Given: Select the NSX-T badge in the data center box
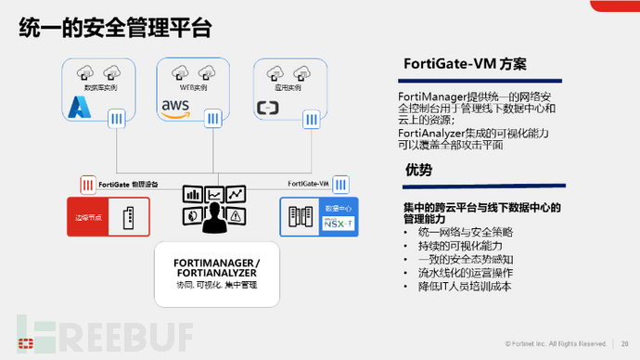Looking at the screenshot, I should click(x=333, y=222).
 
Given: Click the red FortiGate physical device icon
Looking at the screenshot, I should click(x=88, y=184).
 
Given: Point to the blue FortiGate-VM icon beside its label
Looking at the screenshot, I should click(x=340, y=184).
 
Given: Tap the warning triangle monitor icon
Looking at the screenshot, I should click(x=237, y=215).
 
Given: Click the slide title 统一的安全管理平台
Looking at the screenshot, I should click(x=117, y=29).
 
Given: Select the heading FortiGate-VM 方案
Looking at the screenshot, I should click(x=465, y=65).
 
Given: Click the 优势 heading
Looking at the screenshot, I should click(x=418, y=170).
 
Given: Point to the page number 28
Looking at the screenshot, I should click(x=625, y=340).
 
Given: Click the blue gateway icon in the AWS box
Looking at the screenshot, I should click(x=213, y=119).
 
